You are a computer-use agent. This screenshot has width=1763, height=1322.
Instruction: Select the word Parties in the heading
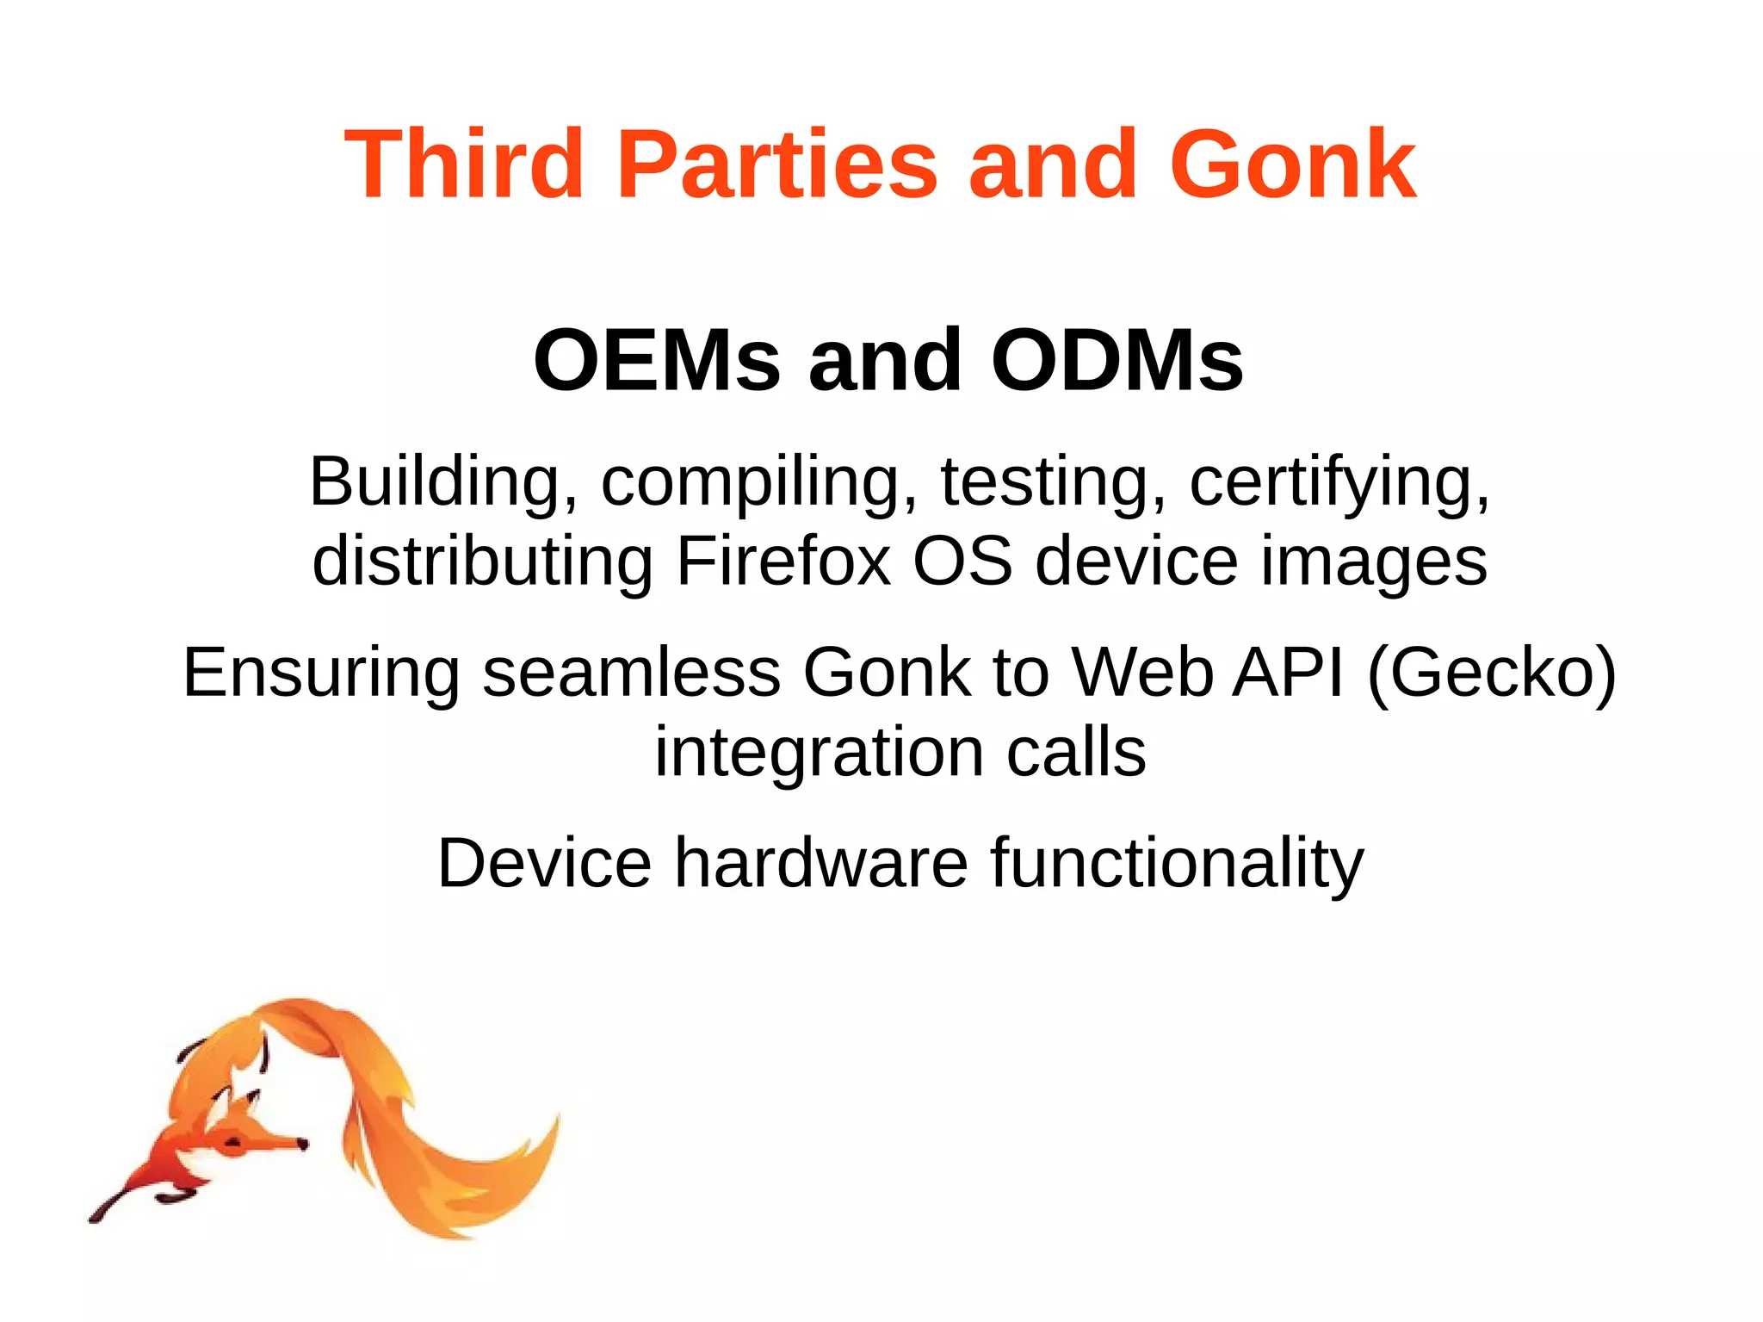(777, 164)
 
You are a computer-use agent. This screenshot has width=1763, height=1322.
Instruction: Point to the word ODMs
(1117, 360)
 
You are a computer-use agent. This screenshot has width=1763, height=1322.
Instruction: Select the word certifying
(1339, 482)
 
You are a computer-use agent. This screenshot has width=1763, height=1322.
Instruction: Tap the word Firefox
(783, 561)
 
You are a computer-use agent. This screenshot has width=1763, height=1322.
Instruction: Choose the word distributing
(482, 561)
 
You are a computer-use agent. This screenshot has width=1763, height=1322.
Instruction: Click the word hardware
(821, 862)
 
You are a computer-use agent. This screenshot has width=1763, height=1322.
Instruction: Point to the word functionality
(1177, 864)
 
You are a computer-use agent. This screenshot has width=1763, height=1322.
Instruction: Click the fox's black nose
(302, 1144)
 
